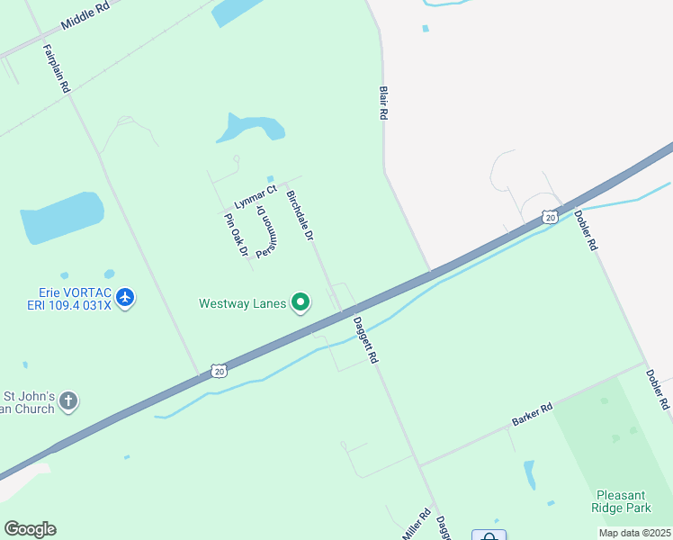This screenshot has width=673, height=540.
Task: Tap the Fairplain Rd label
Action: point(57,67)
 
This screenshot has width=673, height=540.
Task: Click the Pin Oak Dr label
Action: point(236,235)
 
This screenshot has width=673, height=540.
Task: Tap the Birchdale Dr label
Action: point(300,215)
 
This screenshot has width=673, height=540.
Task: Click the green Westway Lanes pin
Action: point(302,303)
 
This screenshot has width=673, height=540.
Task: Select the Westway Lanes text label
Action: point(243,303)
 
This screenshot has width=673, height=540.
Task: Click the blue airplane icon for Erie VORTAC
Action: point(125,297)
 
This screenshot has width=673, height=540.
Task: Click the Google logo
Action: point(30,528)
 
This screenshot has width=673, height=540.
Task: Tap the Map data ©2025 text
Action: point(634,533)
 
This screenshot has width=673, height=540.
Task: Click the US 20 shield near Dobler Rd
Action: point(549,217)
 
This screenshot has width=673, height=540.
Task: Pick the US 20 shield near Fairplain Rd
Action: point(219,370)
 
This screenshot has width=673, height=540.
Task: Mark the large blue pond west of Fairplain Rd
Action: point(62,217)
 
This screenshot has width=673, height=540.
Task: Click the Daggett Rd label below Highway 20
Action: point(365,339)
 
